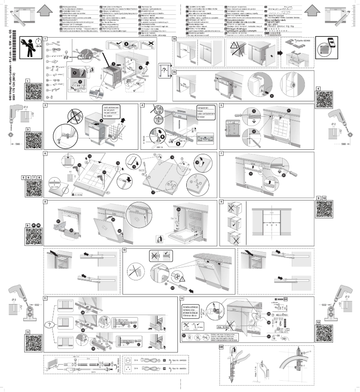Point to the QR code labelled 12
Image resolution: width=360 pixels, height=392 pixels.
coord(326,334)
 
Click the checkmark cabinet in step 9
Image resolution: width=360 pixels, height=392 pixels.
coord(233,222)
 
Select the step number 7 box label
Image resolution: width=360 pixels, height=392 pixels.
coord(222,153)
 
